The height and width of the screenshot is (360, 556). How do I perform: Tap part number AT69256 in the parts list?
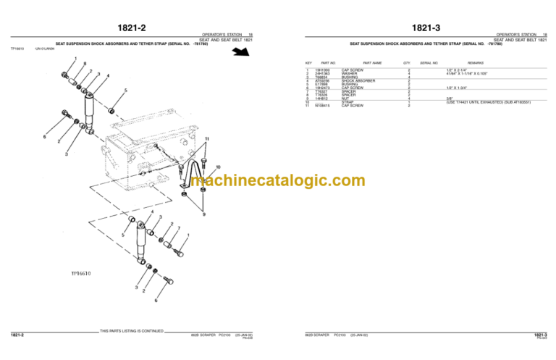pos(324,81)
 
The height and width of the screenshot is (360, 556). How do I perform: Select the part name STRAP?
pos(347,102)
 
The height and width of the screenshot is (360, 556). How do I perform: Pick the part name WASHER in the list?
pos(350,74)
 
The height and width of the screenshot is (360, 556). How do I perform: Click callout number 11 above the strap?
pos(206,138)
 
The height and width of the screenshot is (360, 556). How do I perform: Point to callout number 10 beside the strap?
pos(218,167)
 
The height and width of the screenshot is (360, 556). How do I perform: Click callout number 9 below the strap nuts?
pos(203,214)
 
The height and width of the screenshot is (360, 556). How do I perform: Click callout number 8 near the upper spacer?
pos(85,64)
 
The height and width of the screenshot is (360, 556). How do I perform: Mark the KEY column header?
pos(309,63)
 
